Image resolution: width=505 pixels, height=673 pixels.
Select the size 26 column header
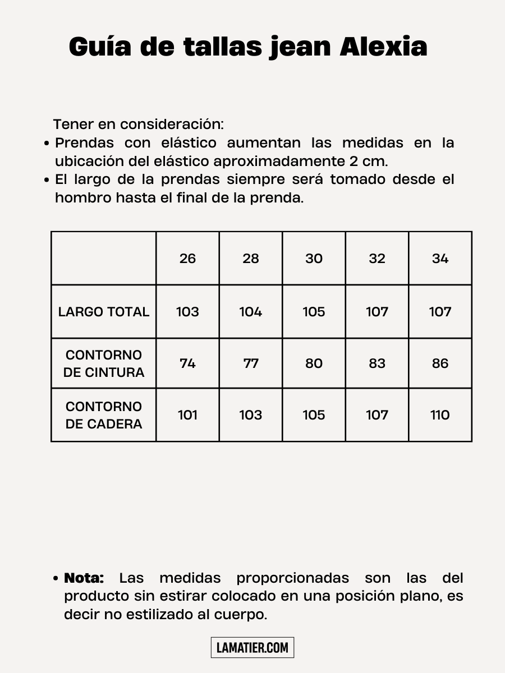[187, 259]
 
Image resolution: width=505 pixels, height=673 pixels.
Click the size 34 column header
[440, 259]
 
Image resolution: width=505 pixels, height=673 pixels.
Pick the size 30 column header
[314, 259]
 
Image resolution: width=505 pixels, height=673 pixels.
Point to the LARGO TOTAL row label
[104, 312]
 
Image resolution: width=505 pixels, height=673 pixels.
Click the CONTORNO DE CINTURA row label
[104, 363]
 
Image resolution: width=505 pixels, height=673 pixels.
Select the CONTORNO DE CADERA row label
[104, 415]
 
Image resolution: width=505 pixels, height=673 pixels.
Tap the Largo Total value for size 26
[187, 312]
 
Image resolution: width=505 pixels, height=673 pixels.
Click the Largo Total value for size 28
[251, 312]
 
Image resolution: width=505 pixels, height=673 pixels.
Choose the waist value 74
[187, 363]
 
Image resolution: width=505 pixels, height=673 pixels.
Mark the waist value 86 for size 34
[440, 363]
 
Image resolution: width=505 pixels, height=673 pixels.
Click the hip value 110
[440, 415]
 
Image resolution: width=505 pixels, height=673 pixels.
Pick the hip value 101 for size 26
[187, 415]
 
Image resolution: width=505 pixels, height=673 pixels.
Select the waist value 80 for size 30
[314, 363]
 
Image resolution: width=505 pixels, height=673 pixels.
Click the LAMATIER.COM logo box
[252, 648]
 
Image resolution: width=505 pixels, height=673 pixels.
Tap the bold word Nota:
[84, 578]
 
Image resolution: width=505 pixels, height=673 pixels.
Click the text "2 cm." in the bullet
[368, 162]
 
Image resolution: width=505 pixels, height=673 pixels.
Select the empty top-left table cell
[104, 259]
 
